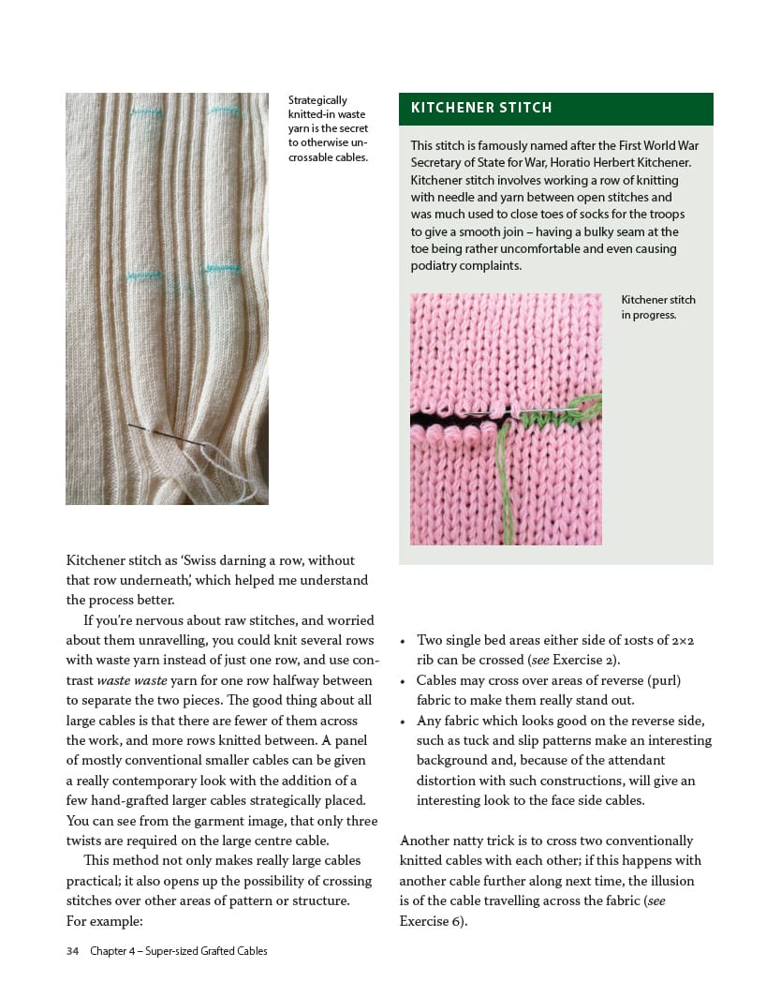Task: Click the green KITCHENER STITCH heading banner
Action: point(555,109)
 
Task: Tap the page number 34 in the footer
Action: point(72,951)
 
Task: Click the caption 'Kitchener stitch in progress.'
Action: point(657,307)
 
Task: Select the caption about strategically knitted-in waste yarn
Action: point(328,128)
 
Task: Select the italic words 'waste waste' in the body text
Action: point(129,680)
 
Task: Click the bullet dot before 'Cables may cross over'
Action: point(402,681)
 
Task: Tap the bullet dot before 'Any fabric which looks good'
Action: point(402,722)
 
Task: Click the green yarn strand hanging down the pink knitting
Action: point(506,487)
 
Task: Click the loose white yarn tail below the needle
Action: point(229,473)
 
